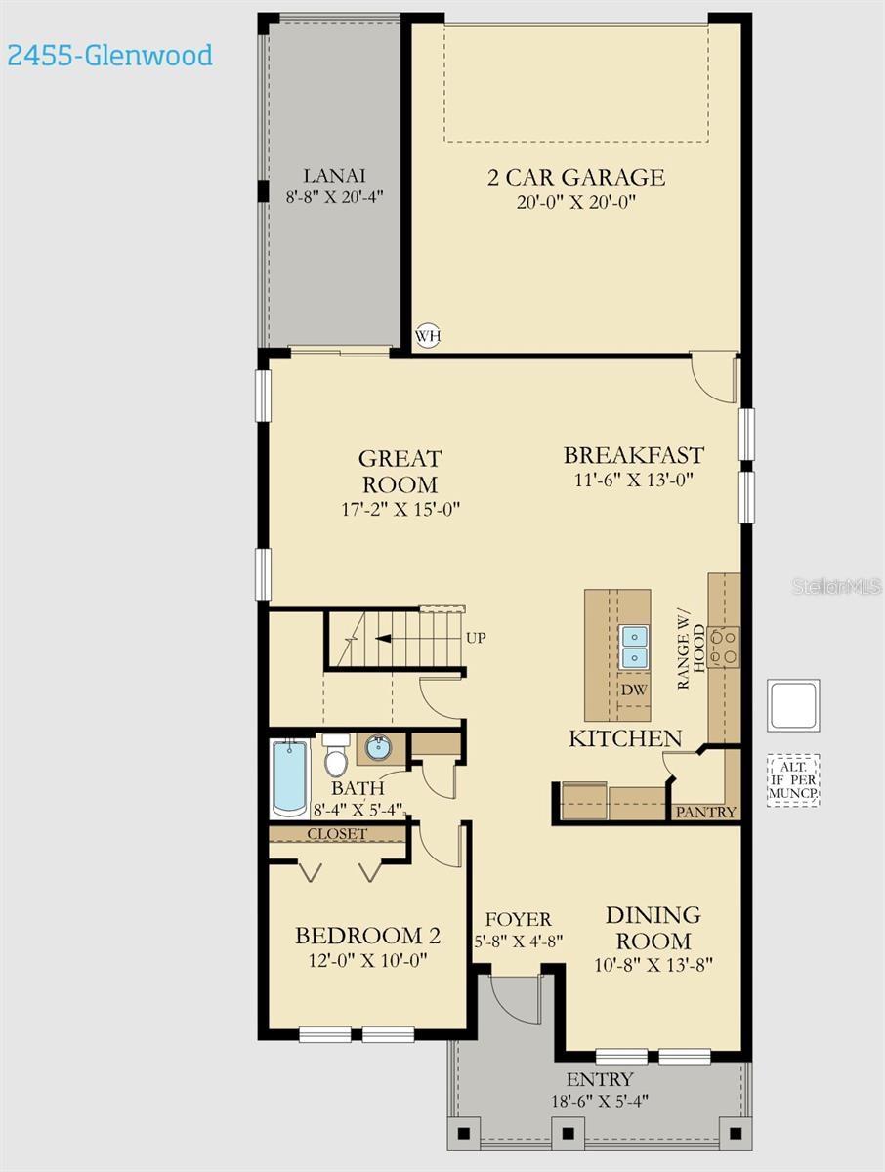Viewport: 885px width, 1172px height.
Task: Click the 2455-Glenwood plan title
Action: pyautogui.click(x=109, y=55)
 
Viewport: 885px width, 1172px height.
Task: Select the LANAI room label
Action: pyautogui.click(x=334, y=176)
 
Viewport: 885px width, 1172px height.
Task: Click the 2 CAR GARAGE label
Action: pyautogui.click(x=576, y=177)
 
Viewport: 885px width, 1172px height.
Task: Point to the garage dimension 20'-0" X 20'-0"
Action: pyautogui.click(x=576, y=203)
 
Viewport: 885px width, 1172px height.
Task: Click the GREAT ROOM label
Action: pyautogui.click(x=400, y=471)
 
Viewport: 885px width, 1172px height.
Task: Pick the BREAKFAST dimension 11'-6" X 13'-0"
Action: pyautogui.click(x=633, y=481)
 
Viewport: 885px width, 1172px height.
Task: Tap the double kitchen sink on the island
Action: pyautogui.click(x=634, y=648)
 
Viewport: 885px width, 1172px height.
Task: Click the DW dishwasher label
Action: pyautogui.click(x=634, y=690)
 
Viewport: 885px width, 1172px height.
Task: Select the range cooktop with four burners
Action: pyautogui.click(x=724, y=647)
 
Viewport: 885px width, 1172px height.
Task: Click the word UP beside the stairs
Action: pyautogui.click(x=476, y=638)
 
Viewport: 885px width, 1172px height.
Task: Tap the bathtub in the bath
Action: pyautogui.click(x=289, y=777)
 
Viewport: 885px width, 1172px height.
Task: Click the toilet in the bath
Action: pyautogui.click(x=336, y=756)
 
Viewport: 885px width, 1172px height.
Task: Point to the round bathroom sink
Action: pyautogui.click(x=378, y=749)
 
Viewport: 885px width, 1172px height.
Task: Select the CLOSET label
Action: pyautogui.click(x=337, y=834)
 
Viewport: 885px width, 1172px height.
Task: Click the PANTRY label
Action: pyautogui.click(x=705, y=812)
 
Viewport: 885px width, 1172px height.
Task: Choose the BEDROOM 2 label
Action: pyautogui.click(x=367, y=936)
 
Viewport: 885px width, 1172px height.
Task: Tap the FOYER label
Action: pyautogui.click(x=518, y=919)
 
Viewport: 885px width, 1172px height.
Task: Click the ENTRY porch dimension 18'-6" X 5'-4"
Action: pyautogui.click(x=600, y=1101)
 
